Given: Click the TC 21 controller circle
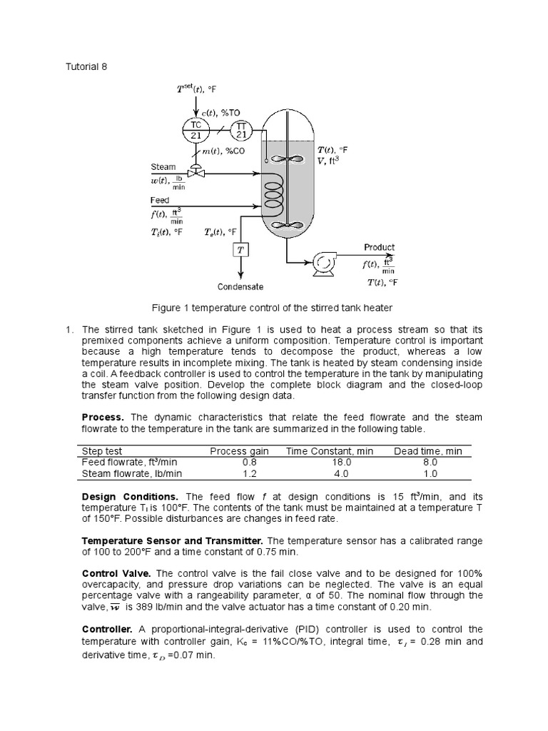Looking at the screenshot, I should pos(196,129).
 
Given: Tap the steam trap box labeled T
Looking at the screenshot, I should pos(240,250).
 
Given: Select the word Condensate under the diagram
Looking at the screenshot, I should pos(240,287).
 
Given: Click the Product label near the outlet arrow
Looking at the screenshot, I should pos(379,247).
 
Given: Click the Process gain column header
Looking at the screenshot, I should pos(239,451).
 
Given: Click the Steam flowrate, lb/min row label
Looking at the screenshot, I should pos(132,473).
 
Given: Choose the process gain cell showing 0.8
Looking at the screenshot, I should pos(239,462).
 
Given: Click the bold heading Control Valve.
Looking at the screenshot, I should pos(116,573).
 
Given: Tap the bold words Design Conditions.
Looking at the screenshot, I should pos(130,496).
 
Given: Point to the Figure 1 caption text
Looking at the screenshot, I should pos(272,308).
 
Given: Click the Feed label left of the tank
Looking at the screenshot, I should pos(160,201).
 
